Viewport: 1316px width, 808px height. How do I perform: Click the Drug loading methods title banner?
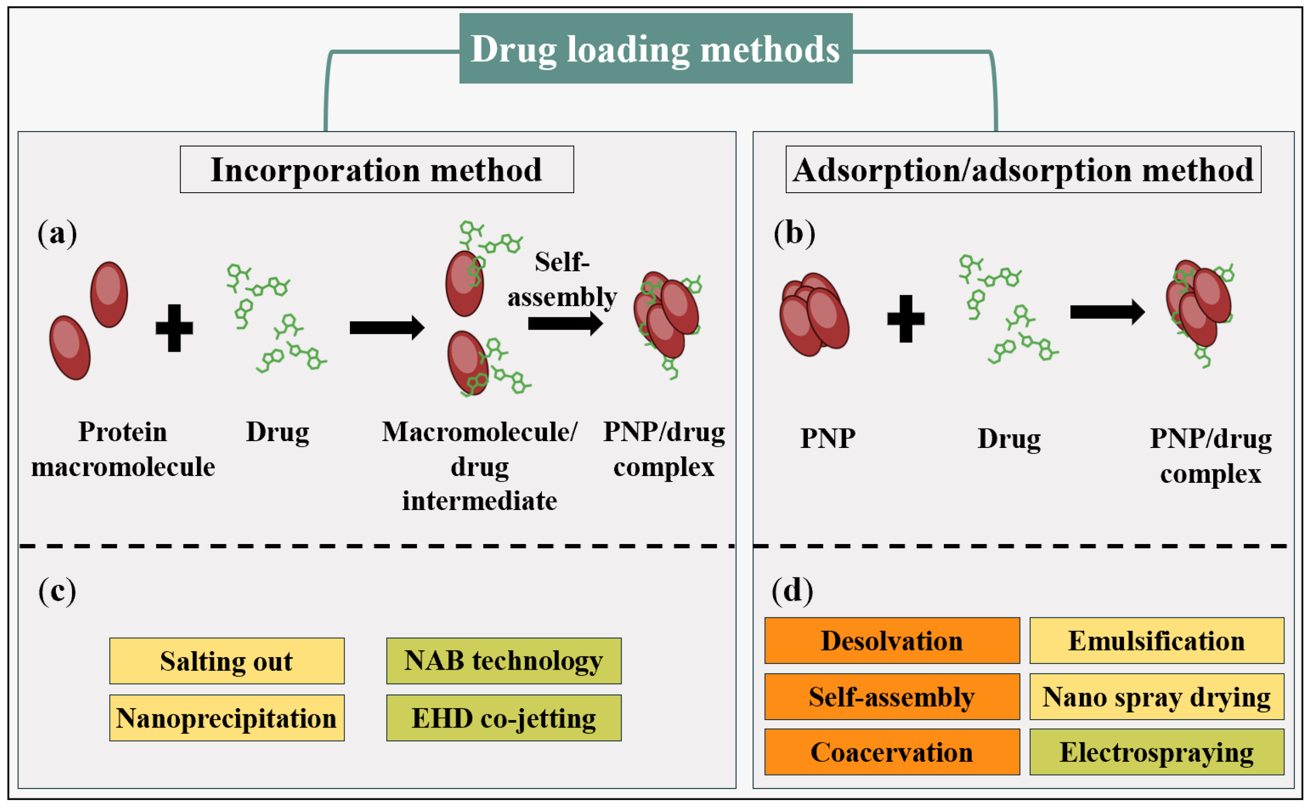click(656, 49)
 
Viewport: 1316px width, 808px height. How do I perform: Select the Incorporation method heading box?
click(377, 169)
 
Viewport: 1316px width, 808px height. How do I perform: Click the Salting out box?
click(227, 661)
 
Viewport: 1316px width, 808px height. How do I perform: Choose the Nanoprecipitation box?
click(227, 718)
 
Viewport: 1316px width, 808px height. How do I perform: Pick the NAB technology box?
click(504, 661)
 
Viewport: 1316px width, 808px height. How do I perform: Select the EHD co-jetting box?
click(504, 718)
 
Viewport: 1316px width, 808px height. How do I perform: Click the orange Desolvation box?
click(892, 641)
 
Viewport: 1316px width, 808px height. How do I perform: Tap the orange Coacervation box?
click(892, 752)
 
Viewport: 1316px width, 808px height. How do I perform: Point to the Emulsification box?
click(1157, 641)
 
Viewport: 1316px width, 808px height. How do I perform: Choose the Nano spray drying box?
click(1157, 697)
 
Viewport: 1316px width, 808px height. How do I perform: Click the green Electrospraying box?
click(1157, 752)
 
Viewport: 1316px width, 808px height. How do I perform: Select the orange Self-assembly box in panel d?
click(892, 697)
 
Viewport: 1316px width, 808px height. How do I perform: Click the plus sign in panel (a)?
click(174, 328)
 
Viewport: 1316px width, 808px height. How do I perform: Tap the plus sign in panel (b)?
click(905, 318)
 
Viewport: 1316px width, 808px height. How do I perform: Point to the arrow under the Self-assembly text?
click(565, 323)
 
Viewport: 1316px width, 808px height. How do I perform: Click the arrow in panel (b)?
click(1107, 312)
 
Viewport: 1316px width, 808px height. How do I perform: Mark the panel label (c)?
click(57, 591)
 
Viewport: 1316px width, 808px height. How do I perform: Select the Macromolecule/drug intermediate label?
click(479, 466)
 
